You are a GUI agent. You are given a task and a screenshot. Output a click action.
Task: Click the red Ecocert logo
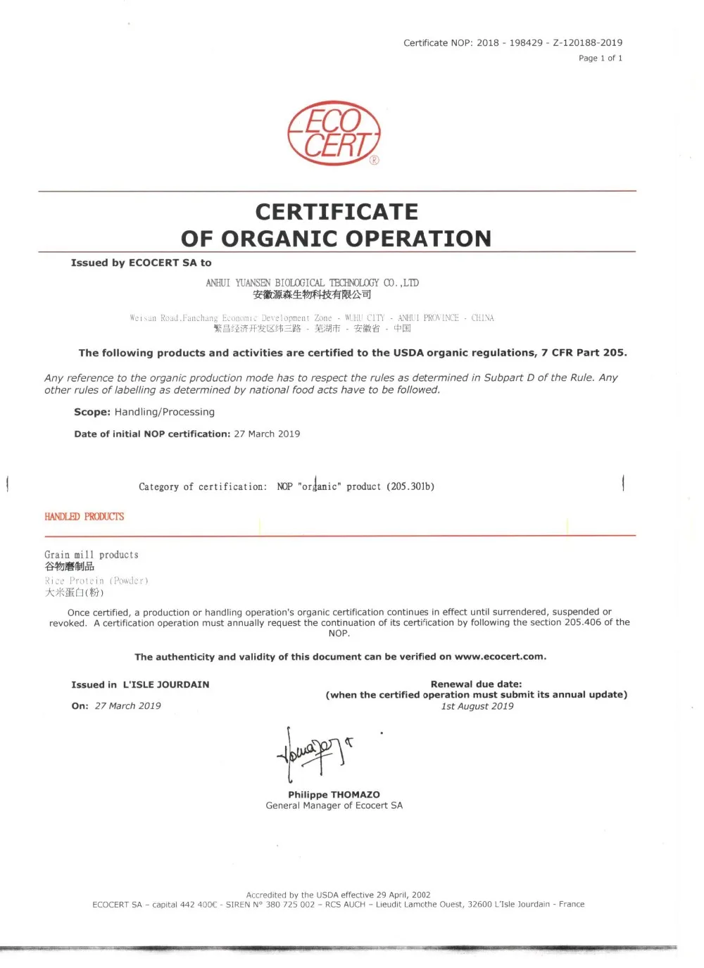coord(334,134)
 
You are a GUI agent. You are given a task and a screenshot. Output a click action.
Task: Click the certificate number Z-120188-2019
coord(587,43)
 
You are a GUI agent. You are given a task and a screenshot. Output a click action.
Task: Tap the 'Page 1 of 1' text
coord(600,58)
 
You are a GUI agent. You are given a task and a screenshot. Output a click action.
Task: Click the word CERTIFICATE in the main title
coord(337,212)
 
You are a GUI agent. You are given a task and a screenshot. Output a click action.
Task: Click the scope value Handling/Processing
coord(164,412)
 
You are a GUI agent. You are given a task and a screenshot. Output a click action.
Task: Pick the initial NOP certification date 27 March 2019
coord(267,434)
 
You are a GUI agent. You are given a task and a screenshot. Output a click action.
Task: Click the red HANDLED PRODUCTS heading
coord(84,517)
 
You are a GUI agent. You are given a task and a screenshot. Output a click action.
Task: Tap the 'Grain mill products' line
coord(92,555)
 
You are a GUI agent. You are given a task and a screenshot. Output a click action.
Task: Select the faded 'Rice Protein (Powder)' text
coord(96,581)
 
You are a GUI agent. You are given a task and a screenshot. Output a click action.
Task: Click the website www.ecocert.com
coord(499,657)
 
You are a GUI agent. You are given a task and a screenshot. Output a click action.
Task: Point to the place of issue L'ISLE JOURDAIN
coord(166,684)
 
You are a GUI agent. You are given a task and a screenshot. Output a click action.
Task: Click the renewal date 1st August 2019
coord(477,706)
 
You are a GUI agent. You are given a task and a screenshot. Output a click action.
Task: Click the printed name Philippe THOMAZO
coord(334,795)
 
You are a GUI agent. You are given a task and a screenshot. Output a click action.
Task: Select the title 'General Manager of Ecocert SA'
coord(334,805)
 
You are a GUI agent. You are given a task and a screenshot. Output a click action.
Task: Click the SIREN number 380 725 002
coord(290,905)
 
